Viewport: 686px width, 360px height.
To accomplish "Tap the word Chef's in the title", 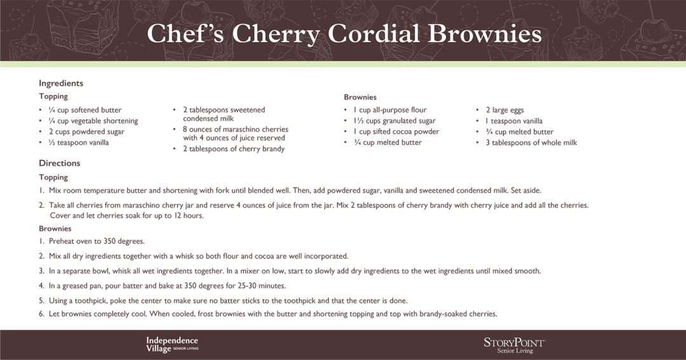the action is (x=185, y=33).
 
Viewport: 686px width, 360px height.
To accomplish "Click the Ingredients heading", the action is (x=61, y=83).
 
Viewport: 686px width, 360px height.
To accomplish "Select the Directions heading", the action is (x=60, y=163).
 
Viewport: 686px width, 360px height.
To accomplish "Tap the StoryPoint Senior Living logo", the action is (x=514, y=345).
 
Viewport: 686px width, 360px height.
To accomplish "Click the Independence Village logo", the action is (x=172, y=344).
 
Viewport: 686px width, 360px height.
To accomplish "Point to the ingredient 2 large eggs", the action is (x=504, y=110).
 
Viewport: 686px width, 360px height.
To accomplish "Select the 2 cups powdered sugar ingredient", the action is (x=86, y=131).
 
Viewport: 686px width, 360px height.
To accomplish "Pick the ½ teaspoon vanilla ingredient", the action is (x=79, y=143).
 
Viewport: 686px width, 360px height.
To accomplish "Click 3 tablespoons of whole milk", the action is (x=531, y=143).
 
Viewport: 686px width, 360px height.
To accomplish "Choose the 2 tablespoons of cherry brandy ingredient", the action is (x=234, y=149).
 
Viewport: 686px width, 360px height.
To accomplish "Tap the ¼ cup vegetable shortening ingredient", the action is (x=93, y=121).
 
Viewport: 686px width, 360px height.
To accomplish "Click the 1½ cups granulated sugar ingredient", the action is (x=394, y=121).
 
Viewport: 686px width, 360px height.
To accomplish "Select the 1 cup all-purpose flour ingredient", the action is (x=390, y=110).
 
